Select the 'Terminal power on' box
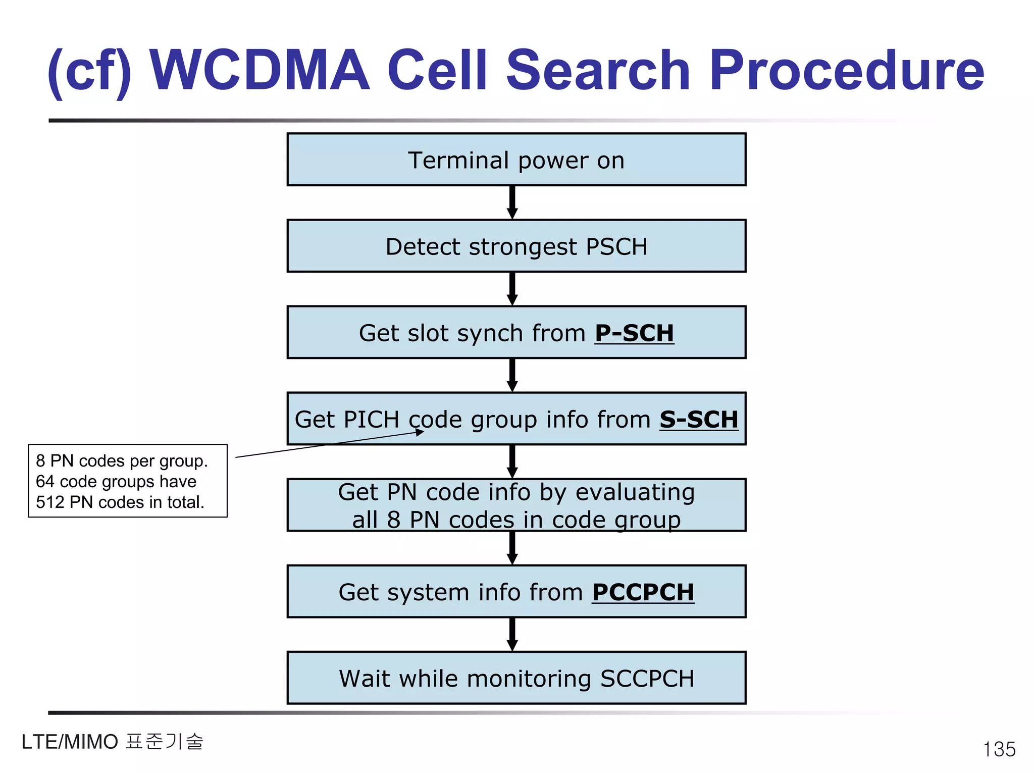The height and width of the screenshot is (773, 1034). click(516, 160)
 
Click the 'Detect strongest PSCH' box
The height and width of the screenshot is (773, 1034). click(516, 246)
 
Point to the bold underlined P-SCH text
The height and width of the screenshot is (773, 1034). click(634, 333)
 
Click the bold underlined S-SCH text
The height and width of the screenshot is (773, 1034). click(699, 420)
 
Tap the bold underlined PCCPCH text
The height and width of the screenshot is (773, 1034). click(643, 592)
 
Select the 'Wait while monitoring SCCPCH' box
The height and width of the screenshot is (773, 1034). click(516, 678)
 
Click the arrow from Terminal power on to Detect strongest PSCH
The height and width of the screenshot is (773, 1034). click(512, 202)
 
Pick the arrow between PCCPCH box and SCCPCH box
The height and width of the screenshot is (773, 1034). click(512, 634)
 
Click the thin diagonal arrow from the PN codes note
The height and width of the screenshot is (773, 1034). click(328, 445)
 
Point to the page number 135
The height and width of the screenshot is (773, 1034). click(999, 749)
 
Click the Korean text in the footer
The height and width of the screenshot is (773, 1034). click(165, 742)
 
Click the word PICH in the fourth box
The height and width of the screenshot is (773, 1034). click(372, 420)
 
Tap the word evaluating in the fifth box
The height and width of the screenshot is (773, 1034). click(635, 492)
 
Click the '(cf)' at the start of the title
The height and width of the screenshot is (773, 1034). click(89, 71)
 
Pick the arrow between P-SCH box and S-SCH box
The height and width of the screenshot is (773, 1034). click(512, 375)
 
